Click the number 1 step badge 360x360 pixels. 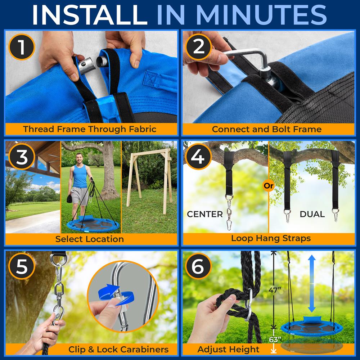[x=22, y=47]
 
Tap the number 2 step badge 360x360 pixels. [x=199, y=47]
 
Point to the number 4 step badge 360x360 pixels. [x=198, y=156]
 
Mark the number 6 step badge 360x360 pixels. [x=198, y=266]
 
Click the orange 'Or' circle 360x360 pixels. [x=269, y=185]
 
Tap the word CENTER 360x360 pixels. [x=205, y=214]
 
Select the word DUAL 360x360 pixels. [x=312, y=214]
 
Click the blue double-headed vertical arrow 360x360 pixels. [x=311, y=284]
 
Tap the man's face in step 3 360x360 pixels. [x=79, y=159]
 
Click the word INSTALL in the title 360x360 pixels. [x=90, y=15]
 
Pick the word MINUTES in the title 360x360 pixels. [x=261, y=15]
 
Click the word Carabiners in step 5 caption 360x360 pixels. [x=144, y=349]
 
